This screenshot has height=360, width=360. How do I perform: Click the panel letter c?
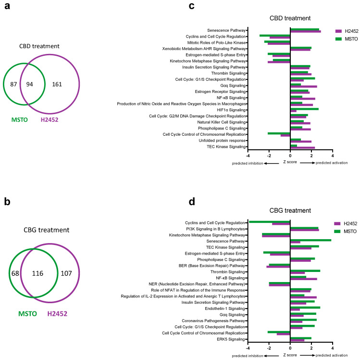point(192,7)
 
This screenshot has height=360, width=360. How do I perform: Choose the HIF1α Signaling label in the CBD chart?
point(234,110)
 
